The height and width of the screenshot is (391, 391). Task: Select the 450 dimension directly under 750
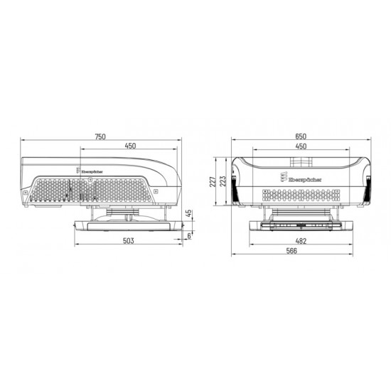point(130,146)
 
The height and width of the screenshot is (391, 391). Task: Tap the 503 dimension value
point(129,242)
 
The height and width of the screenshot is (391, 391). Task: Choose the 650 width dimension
point(301,137)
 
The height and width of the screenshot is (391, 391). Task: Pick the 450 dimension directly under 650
point(301,146)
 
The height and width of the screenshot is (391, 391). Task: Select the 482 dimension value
point(301,242)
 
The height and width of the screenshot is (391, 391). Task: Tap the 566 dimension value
point(301,252)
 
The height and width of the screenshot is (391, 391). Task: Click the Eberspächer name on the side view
point(90,171)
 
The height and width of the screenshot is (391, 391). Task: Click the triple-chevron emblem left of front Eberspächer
point(282,176)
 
